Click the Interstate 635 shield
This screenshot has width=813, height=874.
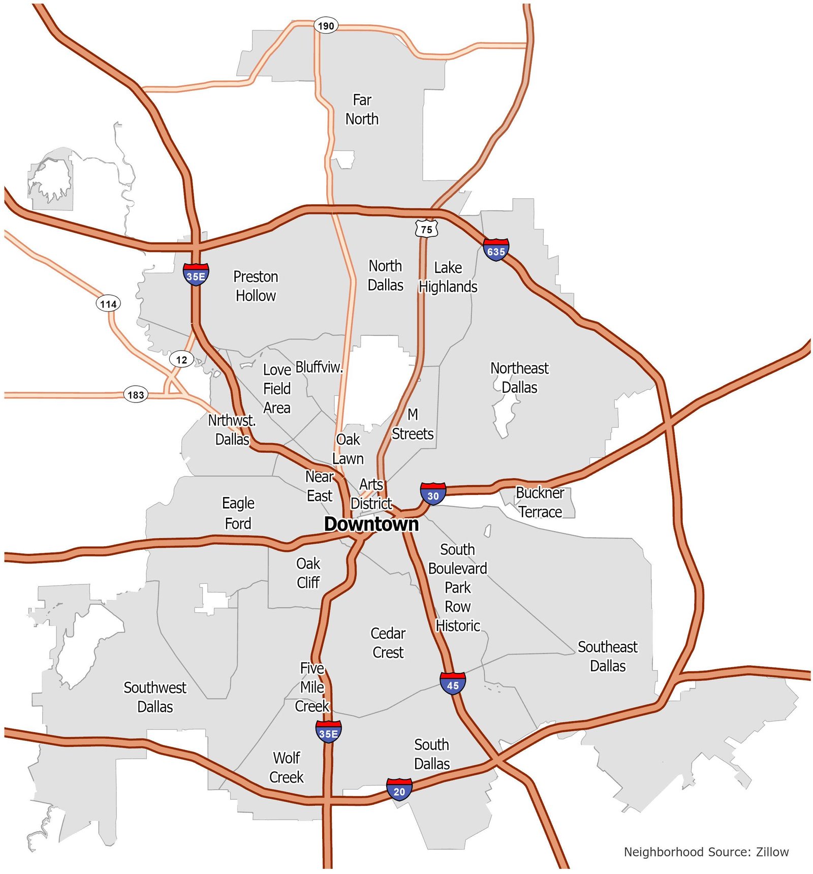pos(496,250)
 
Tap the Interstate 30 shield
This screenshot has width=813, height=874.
pos(433,494)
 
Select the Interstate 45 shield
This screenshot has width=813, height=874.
pos(453,684)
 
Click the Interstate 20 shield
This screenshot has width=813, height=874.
pos(399,790)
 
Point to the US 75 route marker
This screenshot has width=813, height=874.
pos(426,229)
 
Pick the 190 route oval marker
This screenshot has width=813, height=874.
pos(326,25)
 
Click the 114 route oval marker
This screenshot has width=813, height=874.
pos(108,304)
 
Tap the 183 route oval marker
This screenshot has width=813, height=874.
pos(136,395)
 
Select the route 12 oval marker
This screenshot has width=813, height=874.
pos(181,360)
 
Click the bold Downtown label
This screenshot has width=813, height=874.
pos(371,524)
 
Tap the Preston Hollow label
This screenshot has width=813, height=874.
pos(256,286)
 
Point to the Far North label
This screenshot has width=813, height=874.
pos(362,109)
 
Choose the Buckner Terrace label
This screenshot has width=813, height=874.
pos(540,502)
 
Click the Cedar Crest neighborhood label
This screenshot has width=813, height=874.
pos(388,643)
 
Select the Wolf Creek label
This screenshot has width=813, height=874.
pos(287,767)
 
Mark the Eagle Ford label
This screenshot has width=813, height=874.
pos(238,513)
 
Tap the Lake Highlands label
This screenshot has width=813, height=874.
pos(448,277)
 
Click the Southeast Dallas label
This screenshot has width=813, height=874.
pos(608,657)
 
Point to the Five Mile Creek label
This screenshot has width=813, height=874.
pos(312,687)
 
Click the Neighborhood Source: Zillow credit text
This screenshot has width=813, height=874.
pos(706,852)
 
